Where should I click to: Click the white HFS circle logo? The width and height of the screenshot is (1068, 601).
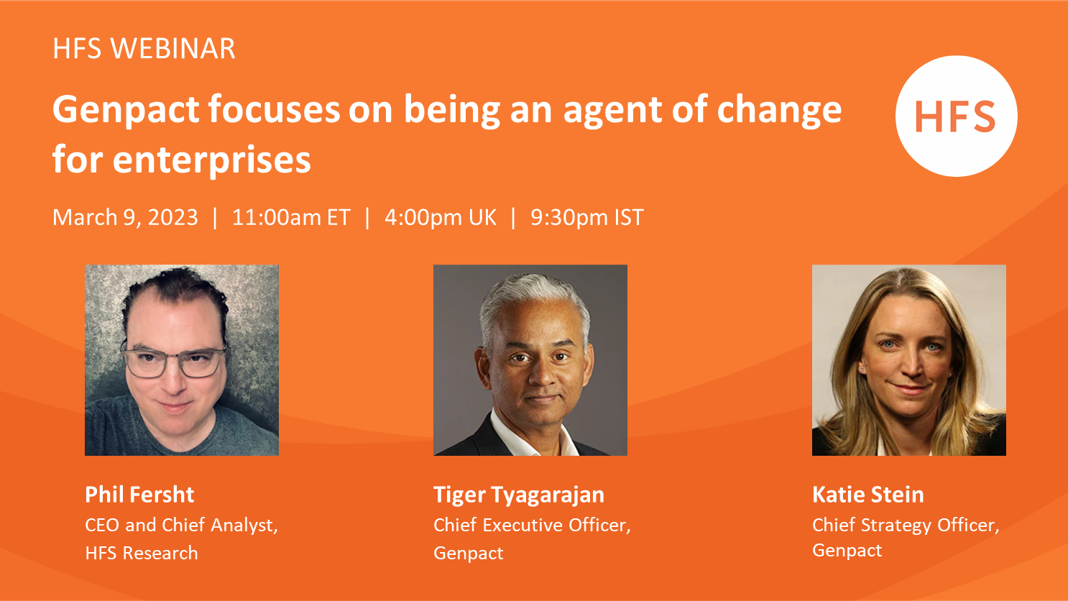click(x=956, y=116)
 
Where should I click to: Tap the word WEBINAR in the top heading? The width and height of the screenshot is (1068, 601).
click(x=172, y=49)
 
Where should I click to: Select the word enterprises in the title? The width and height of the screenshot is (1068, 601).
click(x=212, y=161)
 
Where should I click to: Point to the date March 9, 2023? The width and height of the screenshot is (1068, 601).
click(x=125, y=218)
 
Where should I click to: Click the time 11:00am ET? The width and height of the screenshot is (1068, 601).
click(x=291, y=218)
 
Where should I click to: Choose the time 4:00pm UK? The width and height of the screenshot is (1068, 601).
click(x=440, y=218)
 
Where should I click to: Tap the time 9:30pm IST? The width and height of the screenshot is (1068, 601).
click(x=587, y=218)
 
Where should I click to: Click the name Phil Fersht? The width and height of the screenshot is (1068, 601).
click(x=139, y=495)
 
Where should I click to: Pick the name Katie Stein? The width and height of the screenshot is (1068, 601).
click(x=867, y=495)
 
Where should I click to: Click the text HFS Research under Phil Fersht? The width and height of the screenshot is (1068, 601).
click(x=142, y=554)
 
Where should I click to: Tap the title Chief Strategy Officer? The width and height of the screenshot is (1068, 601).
click(x=906, y=526)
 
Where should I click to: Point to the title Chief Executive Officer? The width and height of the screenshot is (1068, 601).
click(x=532, y=526)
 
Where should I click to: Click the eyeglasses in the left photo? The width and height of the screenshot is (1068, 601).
click(x=174, y=361)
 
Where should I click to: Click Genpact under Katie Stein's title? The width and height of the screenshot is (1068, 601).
click(x=847, y=551)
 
